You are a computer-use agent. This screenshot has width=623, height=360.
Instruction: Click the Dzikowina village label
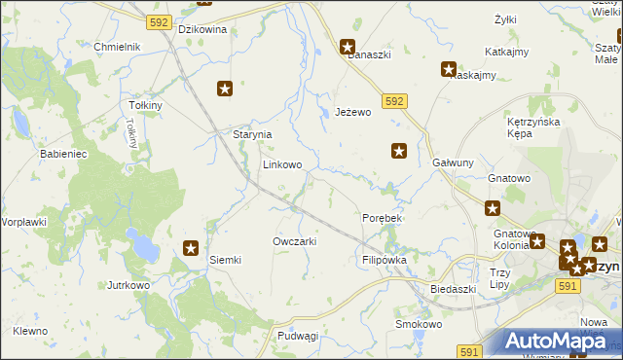coord(202,29)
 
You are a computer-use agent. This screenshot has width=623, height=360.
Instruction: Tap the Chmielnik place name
coord(118,47)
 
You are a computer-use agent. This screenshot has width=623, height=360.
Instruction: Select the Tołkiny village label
coord(144,105)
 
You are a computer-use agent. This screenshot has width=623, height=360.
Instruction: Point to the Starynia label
coord(251,134)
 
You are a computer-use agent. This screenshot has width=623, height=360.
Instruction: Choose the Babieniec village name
coord(64,154)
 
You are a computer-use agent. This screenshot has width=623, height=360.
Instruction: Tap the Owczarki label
coord(294,240)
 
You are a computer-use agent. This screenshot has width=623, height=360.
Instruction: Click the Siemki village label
coord(225,260)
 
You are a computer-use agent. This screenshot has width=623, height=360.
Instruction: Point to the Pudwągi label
coord(298,336)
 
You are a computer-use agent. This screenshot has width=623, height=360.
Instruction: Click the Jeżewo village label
coord(353,113)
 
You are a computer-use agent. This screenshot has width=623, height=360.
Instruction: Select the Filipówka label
coord(384,261)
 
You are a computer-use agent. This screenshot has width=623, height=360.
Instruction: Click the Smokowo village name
coord(419,324)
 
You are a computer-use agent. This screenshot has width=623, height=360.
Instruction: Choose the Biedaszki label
coord(454,289)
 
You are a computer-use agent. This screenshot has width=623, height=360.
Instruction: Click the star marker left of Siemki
coord(191,248)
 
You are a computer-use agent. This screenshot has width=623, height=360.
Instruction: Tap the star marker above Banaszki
coord(348,46)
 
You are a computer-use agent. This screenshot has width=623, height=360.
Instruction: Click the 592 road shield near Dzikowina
coord(161,21)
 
